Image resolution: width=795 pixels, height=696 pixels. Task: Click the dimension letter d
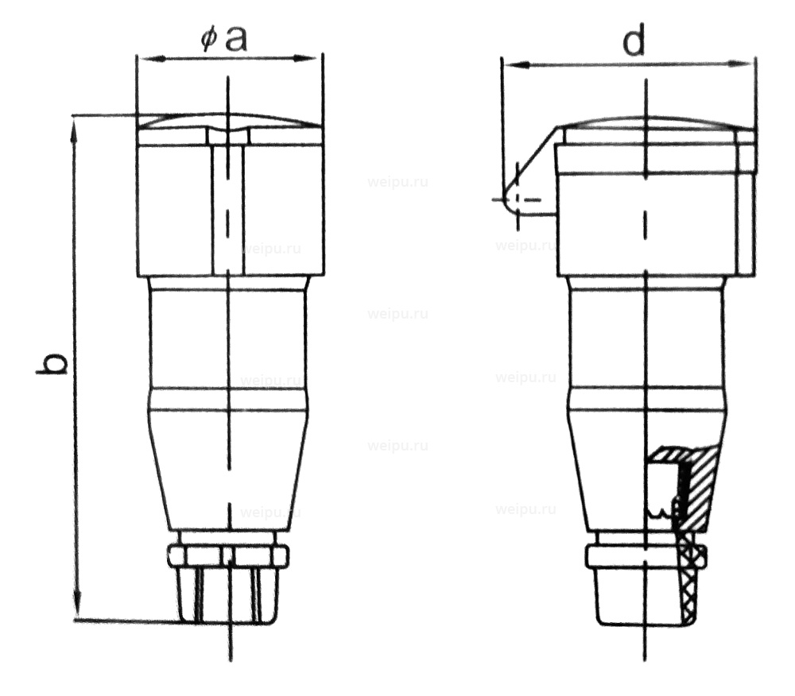pos(634,41)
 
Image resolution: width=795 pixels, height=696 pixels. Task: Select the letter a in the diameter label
pos(235,38)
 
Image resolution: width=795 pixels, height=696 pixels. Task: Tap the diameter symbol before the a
pos(208,40)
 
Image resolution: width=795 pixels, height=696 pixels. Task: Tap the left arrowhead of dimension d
pos(510,64)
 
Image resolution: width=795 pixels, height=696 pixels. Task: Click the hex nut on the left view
pos(228,555)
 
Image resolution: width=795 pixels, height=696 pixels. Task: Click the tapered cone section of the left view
pos(229,469)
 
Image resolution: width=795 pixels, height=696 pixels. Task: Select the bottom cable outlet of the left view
pos(228,596)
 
